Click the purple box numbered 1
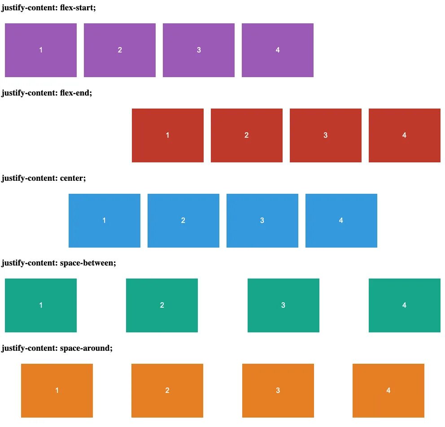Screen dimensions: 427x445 pyautogui.click(x=41, y=50)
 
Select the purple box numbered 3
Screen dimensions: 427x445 pyautogui.click(x=199, y=50)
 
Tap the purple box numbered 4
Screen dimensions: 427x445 pyautogui.click(x=278, y=50)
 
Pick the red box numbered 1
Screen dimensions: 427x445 pyautogui.click(x=168, y=135)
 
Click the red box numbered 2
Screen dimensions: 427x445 pyautogui.click(x=247, y=135)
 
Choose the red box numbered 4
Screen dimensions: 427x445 pyautogui.click(x=405, y=135)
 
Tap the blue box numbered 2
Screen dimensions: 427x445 pyautogui.click(x=183, y=221)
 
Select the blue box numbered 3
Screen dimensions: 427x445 pyautogui.click(x=262, y=221)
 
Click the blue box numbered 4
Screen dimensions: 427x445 pyautogui.click(x=341, y=221)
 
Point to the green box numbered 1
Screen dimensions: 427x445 pyautogui.click(x=41, y=305)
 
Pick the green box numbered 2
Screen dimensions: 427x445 pyautogui.click(x=162, y=305)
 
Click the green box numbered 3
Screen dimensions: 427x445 pyautogui.click(x=284, y=305)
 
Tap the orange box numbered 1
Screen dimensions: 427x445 pyautogui.click(x=57, y=391)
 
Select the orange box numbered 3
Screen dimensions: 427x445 pyautogui.click(x=278, y=391)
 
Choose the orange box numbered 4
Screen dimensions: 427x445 pyautogui.click(x=388, y=391)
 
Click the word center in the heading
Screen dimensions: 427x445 pyautogui.click(x=72, y=178)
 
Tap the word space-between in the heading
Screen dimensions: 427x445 pyautogui.click(x=87, y=263)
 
